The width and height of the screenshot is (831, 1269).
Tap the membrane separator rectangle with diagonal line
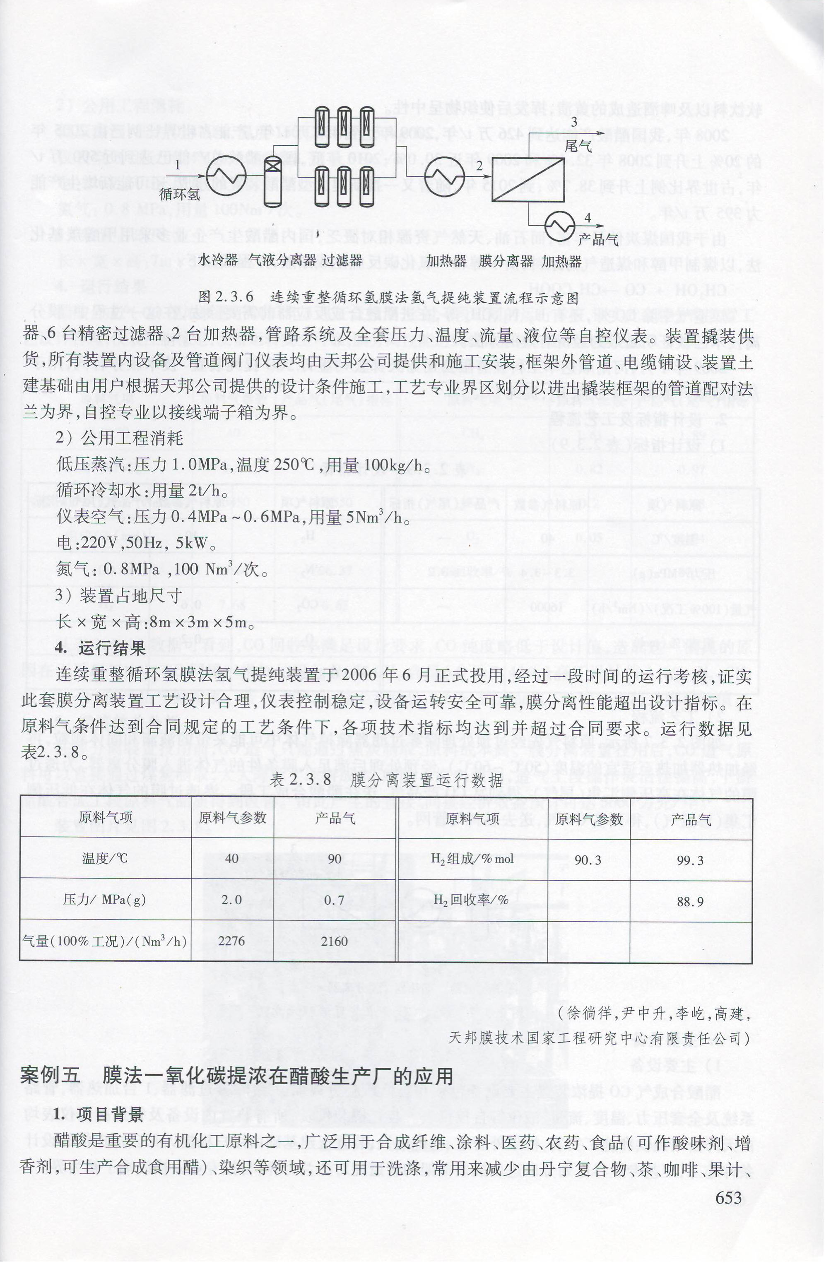tap(528, 178)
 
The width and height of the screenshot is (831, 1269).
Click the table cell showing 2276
tap(232, 941)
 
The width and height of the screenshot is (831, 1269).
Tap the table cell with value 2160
tap(335, 941)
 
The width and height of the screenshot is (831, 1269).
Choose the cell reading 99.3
tap(691, 860)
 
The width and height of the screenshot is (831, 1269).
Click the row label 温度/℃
tap(105, 858)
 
